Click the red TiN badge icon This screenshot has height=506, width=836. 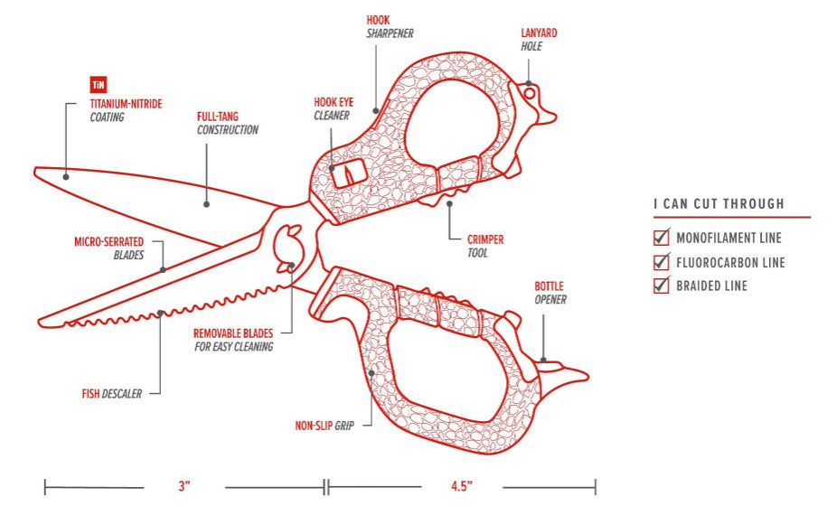[x=99, y=86]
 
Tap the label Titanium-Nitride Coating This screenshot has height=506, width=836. [x=126, y=110]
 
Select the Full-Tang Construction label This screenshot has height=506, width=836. [x=228, y=123]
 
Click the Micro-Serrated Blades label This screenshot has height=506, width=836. [x=108, y=248]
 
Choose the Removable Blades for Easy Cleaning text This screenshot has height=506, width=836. [x=233, y=340]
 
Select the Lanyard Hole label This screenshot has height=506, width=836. [x=539, y=40]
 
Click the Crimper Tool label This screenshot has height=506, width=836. [x=484, y=247]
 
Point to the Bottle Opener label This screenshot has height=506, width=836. [x=550, y=293]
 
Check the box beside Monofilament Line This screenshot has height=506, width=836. [x=661, y=239]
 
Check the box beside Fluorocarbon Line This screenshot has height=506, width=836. [x=661, y=263]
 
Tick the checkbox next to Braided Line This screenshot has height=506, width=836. [x=661, y=286]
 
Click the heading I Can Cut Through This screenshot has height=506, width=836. [x=719, y=204]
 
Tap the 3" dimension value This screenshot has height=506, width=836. [x=185, y=486]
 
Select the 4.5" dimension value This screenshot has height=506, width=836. [x=462, y=486]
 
